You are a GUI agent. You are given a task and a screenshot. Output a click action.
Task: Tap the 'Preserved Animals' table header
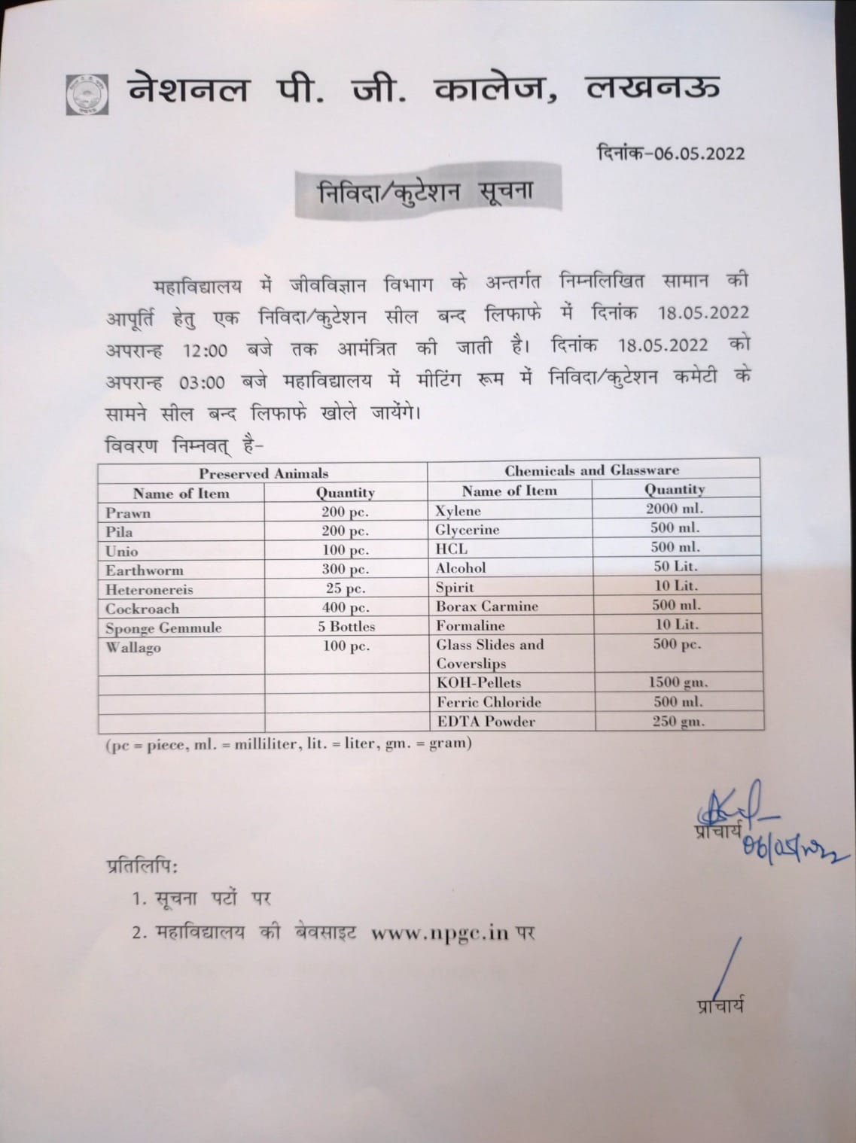point(263,473)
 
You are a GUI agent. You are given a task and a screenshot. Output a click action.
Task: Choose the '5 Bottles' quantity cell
point(346,626)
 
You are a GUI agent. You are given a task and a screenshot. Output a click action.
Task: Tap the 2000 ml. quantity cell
point(674,508)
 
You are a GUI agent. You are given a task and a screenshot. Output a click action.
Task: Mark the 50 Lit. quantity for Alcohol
point(674,566)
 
